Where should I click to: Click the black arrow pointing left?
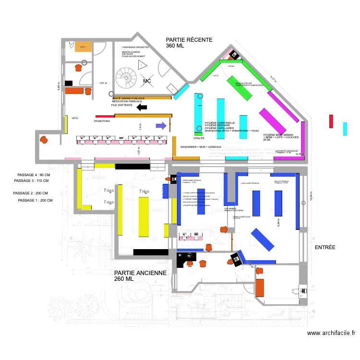(142, 108)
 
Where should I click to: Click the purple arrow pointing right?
(161, 126)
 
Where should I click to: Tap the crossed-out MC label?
(147, 81)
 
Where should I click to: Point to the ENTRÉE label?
(325, 247)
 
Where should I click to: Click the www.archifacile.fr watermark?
(331, 333)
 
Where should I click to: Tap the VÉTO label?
(75, 118)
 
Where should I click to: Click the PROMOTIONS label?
(102, 121)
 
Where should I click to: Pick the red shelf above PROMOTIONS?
(105, 116)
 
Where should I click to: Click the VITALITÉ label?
(199, 138)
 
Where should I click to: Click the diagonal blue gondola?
(263, 239)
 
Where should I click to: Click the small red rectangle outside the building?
(331, 121)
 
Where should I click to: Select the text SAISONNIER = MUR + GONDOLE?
(201, 146)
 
